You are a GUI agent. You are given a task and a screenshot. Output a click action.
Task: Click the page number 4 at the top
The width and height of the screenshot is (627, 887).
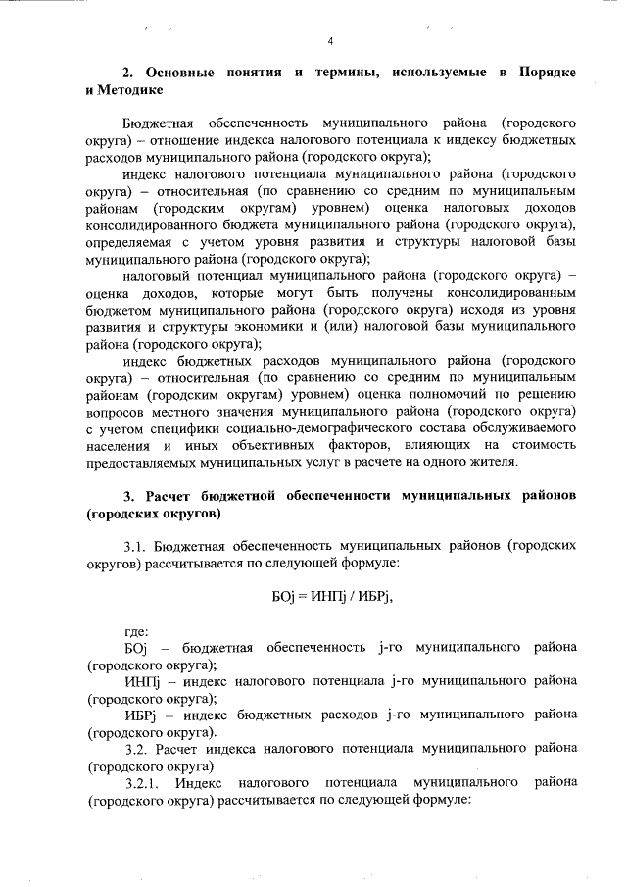click(331, 40)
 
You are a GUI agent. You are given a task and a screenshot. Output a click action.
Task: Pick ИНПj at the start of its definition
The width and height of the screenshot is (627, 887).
click(142, 681)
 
